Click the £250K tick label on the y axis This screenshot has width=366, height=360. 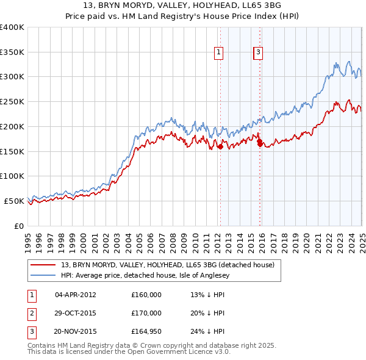click(x=12, y=102)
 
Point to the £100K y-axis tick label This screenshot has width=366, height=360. click(x=12, y=176)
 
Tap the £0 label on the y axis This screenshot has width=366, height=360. click(x=19, y=226)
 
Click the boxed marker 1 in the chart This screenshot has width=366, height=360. click(x=218, y=53)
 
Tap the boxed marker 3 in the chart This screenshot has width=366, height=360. click(x=259, y=53)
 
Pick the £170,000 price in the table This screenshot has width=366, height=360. click(x=146, y=313)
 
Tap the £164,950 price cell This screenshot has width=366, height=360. click(x=146, y=332)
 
